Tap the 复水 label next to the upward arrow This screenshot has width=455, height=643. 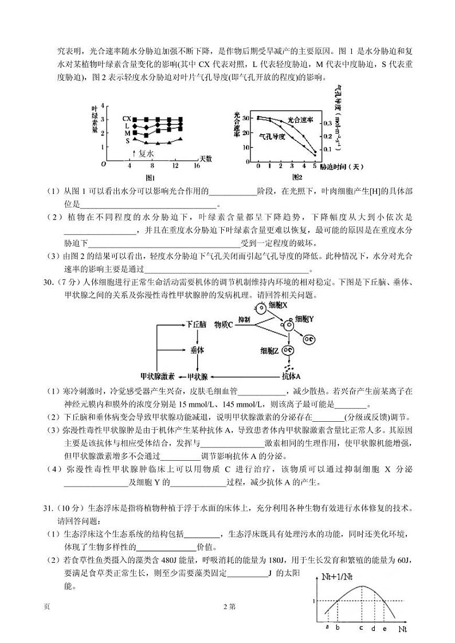pos(146,153)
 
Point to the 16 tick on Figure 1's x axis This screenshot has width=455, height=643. pos(196,165)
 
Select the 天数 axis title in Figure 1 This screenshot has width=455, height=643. pos(205,158)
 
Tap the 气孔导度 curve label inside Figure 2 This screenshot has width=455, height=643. pos(273,136)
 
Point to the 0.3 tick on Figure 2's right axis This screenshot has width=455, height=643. pos(327,123)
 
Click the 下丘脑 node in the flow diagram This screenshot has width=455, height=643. pos(196,324)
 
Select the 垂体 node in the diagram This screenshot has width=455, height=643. pos(197,350)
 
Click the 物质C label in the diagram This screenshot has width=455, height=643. pos(223,324)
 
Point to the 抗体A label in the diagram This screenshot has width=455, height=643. pos(291,377)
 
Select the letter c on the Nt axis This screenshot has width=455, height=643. pos(361,628)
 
